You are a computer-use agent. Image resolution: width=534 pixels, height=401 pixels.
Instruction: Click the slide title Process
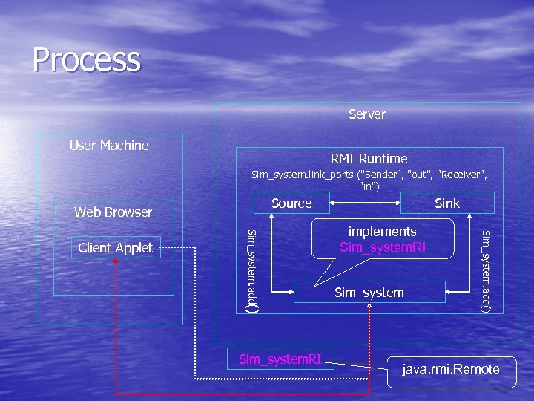click(x=86, y=59)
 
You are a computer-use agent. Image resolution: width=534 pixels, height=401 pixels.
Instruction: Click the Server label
click(x=367, y=114)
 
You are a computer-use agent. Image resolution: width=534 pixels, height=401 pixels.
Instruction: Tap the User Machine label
click(x=109, y=146)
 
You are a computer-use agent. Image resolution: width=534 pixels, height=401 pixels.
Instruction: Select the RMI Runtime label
click(x=369, y=159)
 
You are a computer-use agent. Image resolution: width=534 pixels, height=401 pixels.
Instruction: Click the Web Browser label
click(x=113, y=212)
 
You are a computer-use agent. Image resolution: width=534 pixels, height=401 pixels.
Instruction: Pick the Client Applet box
click(x=115, y=248)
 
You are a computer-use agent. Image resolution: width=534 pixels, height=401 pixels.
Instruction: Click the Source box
click(x=291, y=203)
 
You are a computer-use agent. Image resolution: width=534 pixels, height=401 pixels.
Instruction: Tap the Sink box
click(x=446, y=203)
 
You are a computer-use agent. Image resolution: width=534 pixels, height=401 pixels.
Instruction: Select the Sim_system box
click(x=369, y=293)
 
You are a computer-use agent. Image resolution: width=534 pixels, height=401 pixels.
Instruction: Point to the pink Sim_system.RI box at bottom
click(x=280, y=359)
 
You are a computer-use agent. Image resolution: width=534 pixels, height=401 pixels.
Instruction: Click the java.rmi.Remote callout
click(x=450, y=369)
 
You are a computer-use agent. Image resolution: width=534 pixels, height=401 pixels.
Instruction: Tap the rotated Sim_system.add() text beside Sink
click(x=486, y=271)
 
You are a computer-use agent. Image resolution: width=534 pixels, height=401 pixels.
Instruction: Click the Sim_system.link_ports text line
click(x=369, y=175)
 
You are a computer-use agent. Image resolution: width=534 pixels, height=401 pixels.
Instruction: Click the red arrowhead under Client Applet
click(x=116, y=262)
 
